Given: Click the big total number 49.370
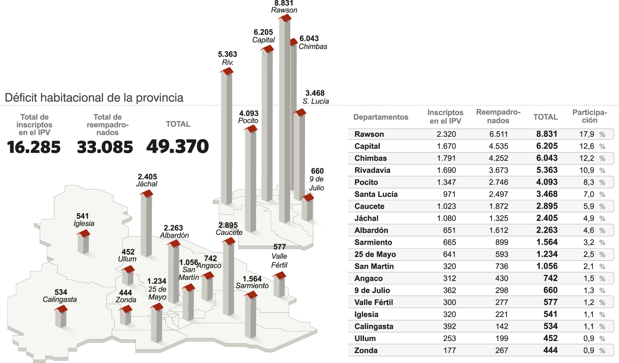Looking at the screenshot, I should pyautogui.click(x=178, y=147).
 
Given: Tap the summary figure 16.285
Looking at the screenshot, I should pyautogui.click(x=34, y=147).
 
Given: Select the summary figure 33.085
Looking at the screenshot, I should pyautogui.click(x=105, y=147).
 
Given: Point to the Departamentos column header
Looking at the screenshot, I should pyautogui.click(x=380, y=117).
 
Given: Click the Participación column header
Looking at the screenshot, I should pyautogui.click(x=590, y=116).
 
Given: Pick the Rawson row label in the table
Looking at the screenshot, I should pyautogui.click(x=369, y=134).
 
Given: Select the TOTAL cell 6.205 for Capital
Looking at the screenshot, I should pyautogui.click(x=547, y=146).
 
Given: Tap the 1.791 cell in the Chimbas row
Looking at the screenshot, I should pyautogui.click(x=446, y=158).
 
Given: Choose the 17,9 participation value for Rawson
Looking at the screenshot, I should pyautogui.click(x=586, y=134).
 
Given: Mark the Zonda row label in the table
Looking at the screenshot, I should pyautogui.click(x=366, y=351).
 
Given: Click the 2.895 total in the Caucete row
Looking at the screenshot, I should pyautogui.click(x=547, y=206).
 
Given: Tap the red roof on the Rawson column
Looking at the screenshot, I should pyautogui.click(x=285, y=18).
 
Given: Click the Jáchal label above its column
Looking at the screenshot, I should pyautogui.click(x=147, y=184).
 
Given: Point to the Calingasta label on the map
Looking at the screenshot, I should pyautogui.click(x=60, y=299).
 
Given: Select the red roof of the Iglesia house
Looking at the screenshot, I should pyautogui.click(x=84, y=234).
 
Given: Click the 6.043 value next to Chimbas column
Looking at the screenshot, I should pyautogui.click(x=309, y=38).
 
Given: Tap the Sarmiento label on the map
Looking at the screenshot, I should pyautogui.click(x=252, y=286).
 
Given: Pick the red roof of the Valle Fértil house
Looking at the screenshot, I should pyautogui.click(x=280, y=275).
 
